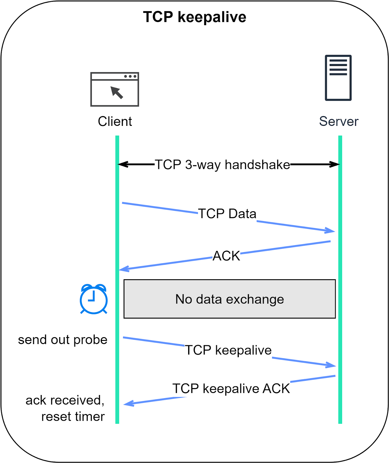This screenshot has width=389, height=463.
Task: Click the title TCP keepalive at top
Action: pyautogui.click(x=195, y=17)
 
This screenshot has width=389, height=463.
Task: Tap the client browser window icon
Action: pyautogui.click(x=115, y=89)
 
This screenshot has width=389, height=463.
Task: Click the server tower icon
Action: pyautogui.click(x=338, y=78)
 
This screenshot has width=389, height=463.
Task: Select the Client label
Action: pyautogui.click(x=115, y=121)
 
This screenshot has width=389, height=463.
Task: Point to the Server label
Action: pyautogui.click(x=339, y=121)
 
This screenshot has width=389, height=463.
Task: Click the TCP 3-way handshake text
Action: pyautogui.click(x=222, y=165)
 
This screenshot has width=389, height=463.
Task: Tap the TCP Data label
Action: pyautogui.click(x=227, y=214)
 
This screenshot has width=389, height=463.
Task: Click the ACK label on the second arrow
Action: pyautogui.click(x=226, y=256)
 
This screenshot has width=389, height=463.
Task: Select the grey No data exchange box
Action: pyautogui.click(x=230, y=299)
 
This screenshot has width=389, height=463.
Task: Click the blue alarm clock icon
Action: pyautogui.click(x=93, y=299)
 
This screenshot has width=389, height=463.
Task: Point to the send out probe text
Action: pyautogui.click(x=63, y=340)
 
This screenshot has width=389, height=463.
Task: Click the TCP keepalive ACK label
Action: pyautogui.click(x=231, y=388)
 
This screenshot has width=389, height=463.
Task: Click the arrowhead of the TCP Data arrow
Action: pyautogui.click(x=331, y=231)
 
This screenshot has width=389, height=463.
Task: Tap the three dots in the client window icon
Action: pyautogui.click(x=130, y=76)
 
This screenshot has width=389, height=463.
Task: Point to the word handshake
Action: pyautogui.click(x=257, y=165)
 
